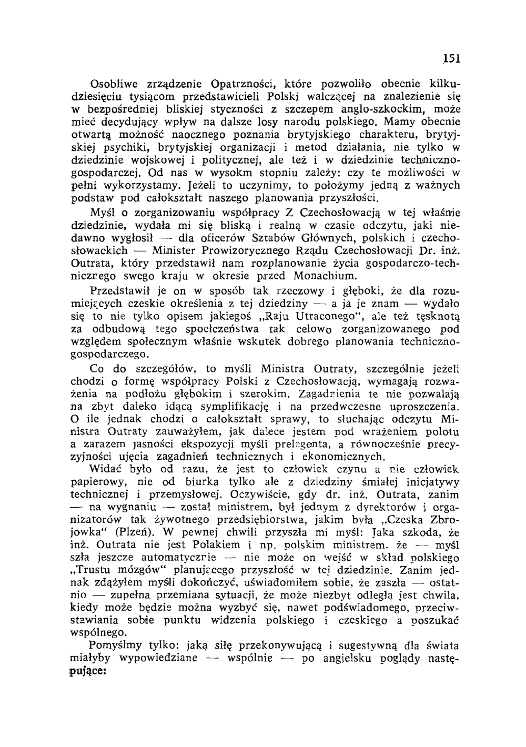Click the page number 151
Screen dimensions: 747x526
point(451,58)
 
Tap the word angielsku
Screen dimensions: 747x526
point(348,658)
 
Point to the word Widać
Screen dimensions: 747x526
point(105,469)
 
